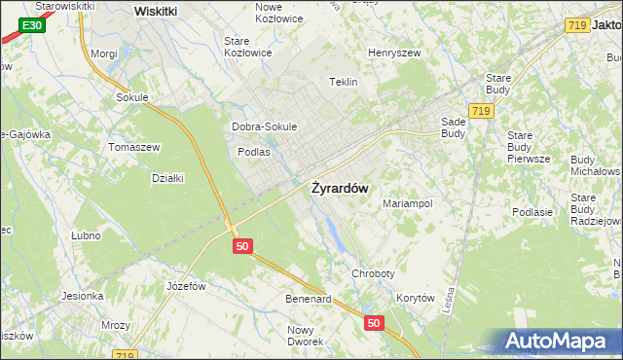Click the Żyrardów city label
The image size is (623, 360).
[339, 189]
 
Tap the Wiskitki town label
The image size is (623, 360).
[156, 10]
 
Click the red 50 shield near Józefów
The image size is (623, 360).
[243, 247]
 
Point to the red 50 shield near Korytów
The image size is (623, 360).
[375, 321]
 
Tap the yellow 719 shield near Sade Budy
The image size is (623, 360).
[478, 113]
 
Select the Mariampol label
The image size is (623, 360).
[407, 204]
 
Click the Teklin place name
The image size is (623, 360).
[345, 83]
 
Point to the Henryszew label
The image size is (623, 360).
[392, 52]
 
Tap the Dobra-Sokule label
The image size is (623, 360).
[264, 126]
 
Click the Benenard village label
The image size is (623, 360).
[308, 299]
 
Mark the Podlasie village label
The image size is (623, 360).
[532, 212]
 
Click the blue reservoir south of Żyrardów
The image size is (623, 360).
[331, 232]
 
